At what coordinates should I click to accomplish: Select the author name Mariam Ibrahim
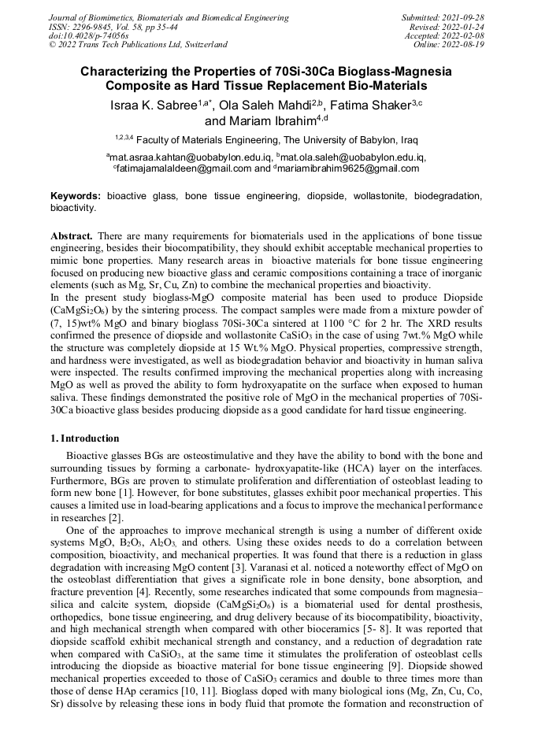click(260, 121)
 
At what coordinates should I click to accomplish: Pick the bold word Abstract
click(73, 236)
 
